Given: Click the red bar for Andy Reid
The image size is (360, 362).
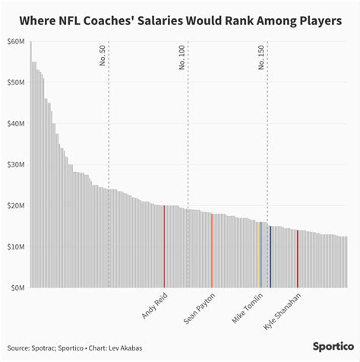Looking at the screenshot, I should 164,246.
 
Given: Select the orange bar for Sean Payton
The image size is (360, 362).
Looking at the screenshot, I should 212,250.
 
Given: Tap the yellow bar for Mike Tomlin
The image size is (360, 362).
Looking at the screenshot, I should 261,255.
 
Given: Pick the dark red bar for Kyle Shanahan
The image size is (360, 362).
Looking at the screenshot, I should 298,259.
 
